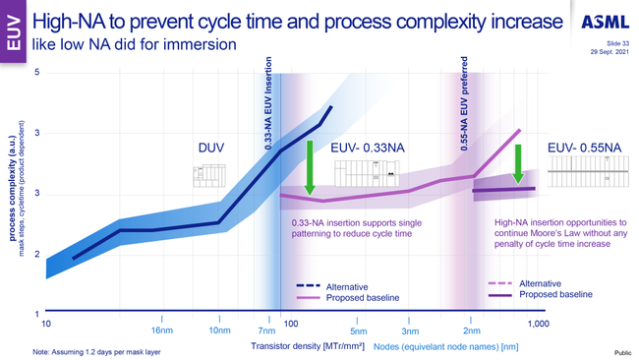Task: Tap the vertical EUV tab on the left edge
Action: coord(12,32)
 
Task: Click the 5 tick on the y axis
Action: coord(36,73)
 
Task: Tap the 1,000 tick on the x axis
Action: coord(537,324)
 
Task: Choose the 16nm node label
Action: coord(163,331)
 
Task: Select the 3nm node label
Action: coord(411,331)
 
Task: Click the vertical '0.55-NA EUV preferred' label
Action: coord(462,109)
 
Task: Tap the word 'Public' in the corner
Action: coord(621,352)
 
